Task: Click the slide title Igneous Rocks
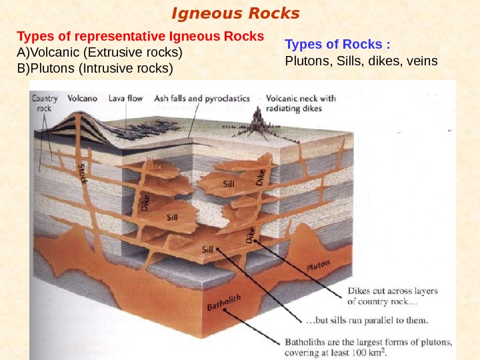236,13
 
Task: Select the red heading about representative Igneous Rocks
141,35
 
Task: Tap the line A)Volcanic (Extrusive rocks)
100,51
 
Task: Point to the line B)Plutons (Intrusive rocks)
95,68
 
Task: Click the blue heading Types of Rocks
337,45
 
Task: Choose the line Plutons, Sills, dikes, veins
361,61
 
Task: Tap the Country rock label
45,102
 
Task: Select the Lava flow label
125,98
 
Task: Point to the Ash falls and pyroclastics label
202,98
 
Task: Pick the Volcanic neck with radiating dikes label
301,103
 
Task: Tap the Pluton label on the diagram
318,267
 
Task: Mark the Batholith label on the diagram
224,303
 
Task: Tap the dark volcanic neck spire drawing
258,119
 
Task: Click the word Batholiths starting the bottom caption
307,342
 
